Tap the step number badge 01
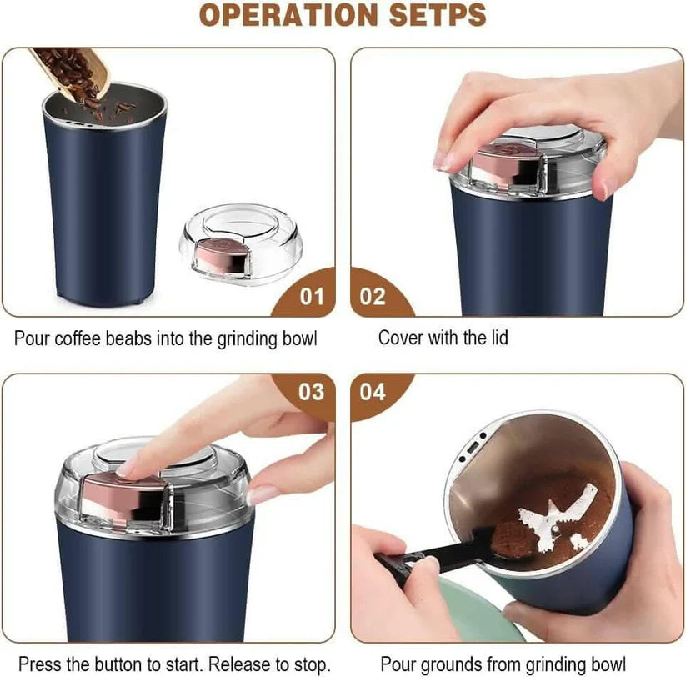pyautogui.click(x=310, y=296)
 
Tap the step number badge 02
pyautogui.click(x=373, y=296)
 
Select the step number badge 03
pyautogui.click(x=310, y=392)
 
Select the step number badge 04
pyautogui.click(x=373, y=392)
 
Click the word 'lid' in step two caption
pyautogui.click(x=498, y=338)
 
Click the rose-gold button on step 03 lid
pyautogui.click(x=117, y=488)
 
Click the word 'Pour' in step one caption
pyautogui.click(x=31, y=339)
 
